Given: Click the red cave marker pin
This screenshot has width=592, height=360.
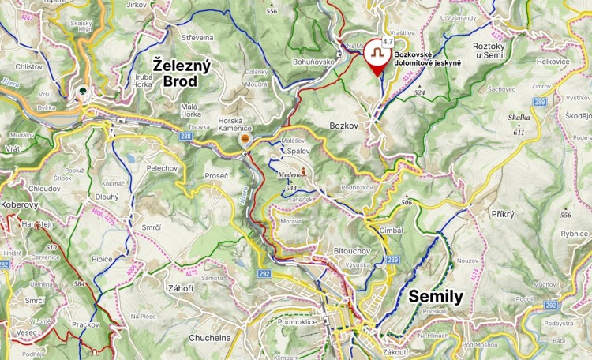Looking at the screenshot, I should (377, 56).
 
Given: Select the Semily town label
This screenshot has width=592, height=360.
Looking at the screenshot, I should (436, 297).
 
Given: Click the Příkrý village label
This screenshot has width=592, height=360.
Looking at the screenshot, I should (502, 214).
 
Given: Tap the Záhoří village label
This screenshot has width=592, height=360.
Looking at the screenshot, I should (180, 288).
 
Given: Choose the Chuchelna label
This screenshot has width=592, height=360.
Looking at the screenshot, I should (209, 338).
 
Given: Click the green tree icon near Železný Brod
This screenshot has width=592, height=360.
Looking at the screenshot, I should (81, 92).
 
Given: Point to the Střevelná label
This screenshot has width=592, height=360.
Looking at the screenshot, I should (197, 37).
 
